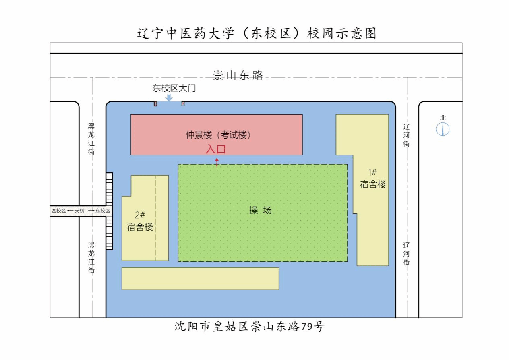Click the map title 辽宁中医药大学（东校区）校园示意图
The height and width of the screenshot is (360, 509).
(257, 33)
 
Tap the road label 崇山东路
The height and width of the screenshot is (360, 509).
(238, 75)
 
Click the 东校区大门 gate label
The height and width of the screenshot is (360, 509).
(174, 88)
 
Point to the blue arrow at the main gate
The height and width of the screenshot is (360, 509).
(169, 98)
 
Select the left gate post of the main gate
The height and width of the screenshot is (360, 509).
(156, 104)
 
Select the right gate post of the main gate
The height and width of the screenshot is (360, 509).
(183, 104)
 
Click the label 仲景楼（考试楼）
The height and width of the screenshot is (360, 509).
(218, 135)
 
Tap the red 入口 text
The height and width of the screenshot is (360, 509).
(215, 149)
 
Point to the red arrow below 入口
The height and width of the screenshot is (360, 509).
(217, 163)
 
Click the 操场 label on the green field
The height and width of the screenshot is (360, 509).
(260, 210)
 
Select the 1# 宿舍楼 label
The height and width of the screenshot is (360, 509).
(373, 178)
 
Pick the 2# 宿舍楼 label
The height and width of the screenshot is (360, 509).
(140, 221)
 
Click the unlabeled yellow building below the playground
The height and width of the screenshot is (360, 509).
(201, 278)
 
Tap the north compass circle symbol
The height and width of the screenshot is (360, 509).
(443, 129)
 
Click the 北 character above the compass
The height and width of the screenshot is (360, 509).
(443, 118)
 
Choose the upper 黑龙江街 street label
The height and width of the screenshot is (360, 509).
(91, 139)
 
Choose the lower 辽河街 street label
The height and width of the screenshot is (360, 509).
(406, 254)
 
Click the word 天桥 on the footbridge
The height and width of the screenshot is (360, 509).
(79, 211)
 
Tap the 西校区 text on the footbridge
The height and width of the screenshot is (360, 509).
(58, 211)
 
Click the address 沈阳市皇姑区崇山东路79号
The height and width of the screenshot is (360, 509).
(249, 327)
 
